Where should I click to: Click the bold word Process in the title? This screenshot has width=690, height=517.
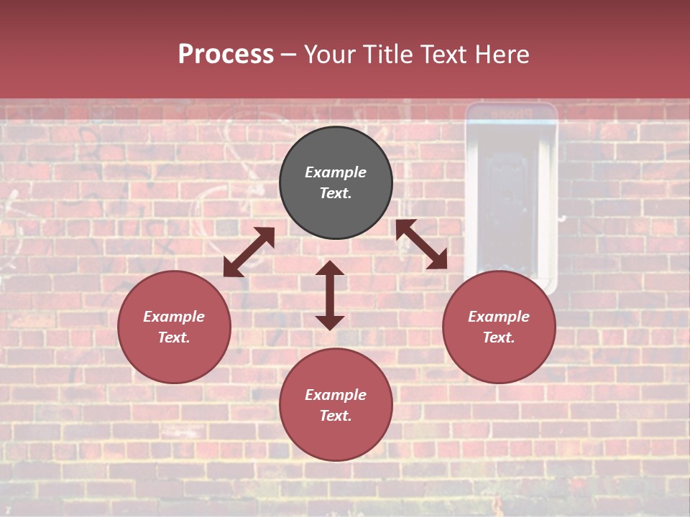[226, 55]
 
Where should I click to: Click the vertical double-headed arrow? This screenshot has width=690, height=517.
[330, 295]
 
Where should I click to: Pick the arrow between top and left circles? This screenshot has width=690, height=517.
[249, 252]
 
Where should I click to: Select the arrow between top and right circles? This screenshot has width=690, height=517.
[421, 244]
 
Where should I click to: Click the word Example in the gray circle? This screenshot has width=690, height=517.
[336, 172]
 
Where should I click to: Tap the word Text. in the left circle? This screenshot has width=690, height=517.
[174, 337]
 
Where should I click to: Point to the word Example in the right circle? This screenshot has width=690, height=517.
[499, 317]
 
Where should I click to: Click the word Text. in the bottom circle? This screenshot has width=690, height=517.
[336, 416]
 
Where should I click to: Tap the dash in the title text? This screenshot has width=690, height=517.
[288, 55]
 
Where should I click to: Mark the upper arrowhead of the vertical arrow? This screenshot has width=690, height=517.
[330, 268]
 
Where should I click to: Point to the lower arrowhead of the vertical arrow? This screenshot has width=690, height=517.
[330, 322]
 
